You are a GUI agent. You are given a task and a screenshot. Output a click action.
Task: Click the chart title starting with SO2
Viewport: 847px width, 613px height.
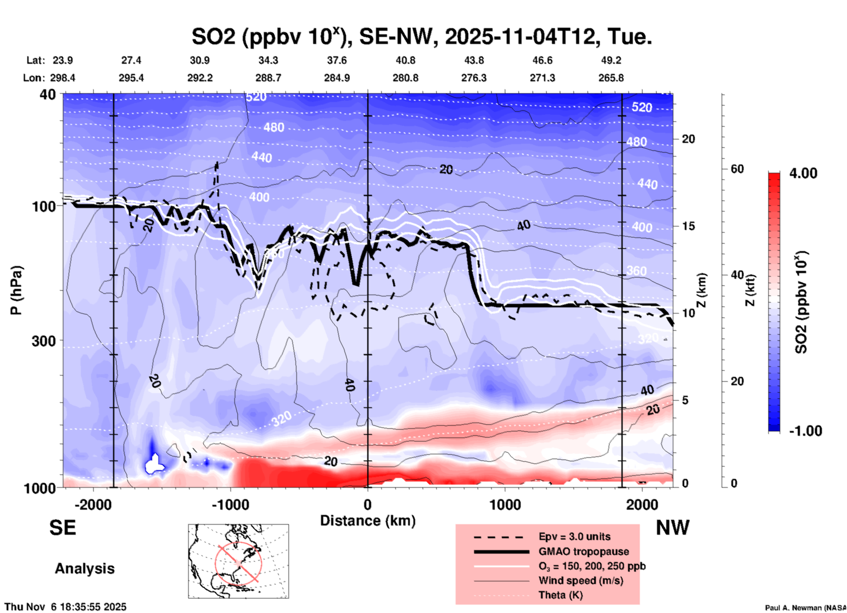[421, 36]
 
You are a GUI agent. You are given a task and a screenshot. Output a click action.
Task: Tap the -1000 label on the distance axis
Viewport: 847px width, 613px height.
[230, 504]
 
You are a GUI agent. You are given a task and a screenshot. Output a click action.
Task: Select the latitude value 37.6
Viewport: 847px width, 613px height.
[336, 60]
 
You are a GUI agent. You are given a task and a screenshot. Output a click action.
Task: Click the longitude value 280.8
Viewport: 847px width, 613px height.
[405, 78]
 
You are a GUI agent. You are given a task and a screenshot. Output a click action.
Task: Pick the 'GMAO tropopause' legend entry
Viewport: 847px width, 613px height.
[584, 551]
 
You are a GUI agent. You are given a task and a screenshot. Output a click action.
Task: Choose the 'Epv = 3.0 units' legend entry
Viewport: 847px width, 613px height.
[574, 536]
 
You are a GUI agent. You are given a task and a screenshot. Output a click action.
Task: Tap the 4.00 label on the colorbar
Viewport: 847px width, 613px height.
[803, 173]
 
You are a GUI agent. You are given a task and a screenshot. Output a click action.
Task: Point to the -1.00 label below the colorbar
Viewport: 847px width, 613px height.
[805, 431]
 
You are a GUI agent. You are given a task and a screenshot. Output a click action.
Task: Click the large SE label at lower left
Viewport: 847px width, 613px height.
[62, 528]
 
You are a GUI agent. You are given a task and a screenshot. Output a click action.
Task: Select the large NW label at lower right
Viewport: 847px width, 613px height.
[672, 528]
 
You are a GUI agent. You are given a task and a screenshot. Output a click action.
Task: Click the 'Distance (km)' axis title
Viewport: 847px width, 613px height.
[368, 521]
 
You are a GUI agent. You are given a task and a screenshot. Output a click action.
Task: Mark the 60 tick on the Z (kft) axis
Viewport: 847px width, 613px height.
[737, 169]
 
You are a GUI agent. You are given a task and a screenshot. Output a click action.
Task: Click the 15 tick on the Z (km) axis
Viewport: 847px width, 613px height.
[688, 226]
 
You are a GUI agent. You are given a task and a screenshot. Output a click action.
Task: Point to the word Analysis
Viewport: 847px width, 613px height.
[84, 568]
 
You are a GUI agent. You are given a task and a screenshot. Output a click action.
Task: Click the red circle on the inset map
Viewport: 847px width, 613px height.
[238, 562]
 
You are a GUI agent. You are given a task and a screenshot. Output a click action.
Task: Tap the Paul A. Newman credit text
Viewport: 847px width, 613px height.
[805, 608]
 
